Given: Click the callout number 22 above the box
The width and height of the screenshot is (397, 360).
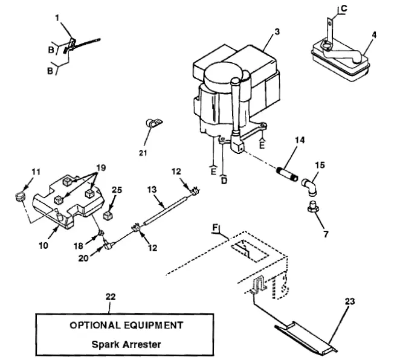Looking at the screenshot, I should point(109,297).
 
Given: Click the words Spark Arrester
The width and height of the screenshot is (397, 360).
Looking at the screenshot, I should point(126,346).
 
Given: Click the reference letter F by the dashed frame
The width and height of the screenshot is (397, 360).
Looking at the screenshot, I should point(215,228).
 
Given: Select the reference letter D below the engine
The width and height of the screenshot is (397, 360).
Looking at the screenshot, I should point(224,180).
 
